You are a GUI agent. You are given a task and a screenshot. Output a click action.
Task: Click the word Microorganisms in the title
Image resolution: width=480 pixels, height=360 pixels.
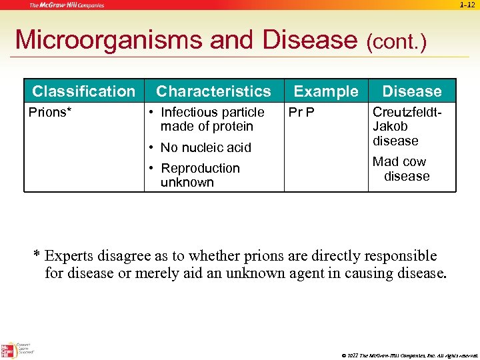(x=109, y=40)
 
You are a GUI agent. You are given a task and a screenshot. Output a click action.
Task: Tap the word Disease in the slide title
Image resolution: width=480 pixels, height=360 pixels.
(x=311, y=40)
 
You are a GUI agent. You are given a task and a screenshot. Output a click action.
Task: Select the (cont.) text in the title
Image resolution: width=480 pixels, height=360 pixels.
(x=396, y=42)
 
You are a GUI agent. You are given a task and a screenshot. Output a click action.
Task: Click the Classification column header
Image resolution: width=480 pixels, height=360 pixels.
(x=83, y=91)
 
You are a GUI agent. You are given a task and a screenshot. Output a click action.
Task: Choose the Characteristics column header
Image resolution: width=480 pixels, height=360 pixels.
(x=213, y=91)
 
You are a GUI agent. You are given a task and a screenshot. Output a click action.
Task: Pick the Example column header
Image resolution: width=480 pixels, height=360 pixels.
(x=325, y=91)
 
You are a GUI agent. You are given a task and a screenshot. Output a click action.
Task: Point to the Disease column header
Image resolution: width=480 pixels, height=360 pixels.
(x=411, y=91)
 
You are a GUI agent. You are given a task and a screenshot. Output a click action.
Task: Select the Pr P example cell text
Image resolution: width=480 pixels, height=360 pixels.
(x=301, y=112)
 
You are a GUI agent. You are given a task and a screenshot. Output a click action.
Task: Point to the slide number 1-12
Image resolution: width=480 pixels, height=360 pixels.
(x=467, y=5)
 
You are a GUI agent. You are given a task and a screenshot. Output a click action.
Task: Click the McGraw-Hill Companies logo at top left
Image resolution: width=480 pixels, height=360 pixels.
(x=67, y=5)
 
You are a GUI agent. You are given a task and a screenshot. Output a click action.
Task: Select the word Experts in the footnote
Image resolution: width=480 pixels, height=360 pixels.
(x=70, y=256)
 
